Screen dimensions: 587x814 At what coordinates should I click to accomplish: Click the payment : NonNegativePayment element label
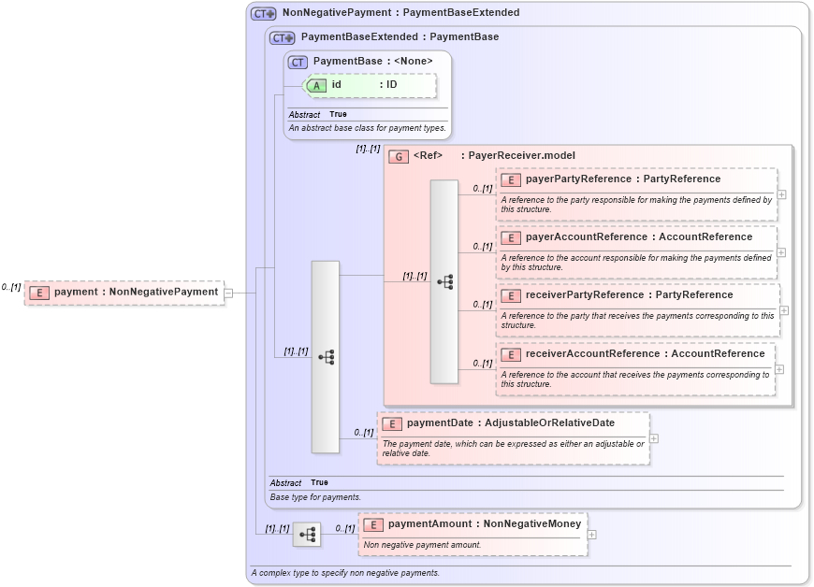tap(136, 293)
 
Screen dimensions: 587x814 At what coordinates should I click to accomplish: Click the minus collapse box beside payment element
tap(228, 293)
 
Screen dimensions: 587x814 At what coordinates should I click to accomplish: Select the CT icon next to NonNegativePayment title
tap(263, 14)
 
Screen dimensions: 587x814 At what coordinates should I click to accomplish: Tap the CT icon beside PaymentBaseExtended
tap(282, 38)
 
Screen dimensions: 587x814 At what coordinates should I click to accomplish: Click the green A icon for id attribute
tap(317, 85)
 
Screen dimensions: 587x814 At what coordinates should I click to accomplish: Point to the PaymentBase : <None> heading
tap(372, 62)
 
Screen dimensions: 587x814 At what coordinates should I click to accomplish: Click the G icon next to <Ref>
tap(399, 156)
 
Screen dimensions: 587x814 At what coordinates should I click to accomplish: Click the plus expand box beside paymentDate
tap(654, 438)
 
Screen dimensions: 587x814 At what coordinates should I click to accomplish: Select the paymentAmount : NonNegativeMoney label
tap(484, 524)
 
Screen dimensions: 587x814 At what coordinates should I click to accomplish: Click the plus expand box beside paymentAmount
tap(591, 535)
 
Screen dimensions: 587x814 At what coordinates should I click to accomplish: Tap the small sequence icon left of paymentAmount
tap(306, 535)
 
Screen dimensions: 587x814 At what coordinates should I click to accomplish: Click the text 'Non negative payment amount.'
tap(422, 545)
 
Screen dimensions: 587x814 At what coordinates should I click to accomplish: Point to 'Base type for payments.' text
tap(315, 497)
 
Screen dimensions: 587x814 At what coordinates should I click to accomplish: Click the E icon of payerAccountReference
tap(511, 238)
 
